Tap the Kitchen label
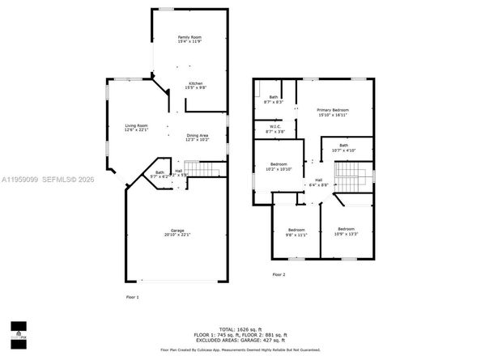[x=196, y=85]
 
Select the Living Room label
[x=136, y=128]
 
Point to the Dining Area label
[x=198, y=138]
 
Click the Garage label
[x=177, y=233]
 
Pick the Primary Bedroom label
[x=333, y=112]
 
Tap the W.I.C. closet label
[x=275, y=128]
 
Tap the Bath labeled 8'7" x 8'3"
[x=273, y=100]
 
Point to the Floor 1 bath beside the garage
[x=160, y=173]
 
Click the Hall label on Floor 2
[x=318, y=182]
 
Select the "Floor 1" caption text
[x=132, y=299]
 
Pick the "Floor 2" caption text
[x=279, y=275]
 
